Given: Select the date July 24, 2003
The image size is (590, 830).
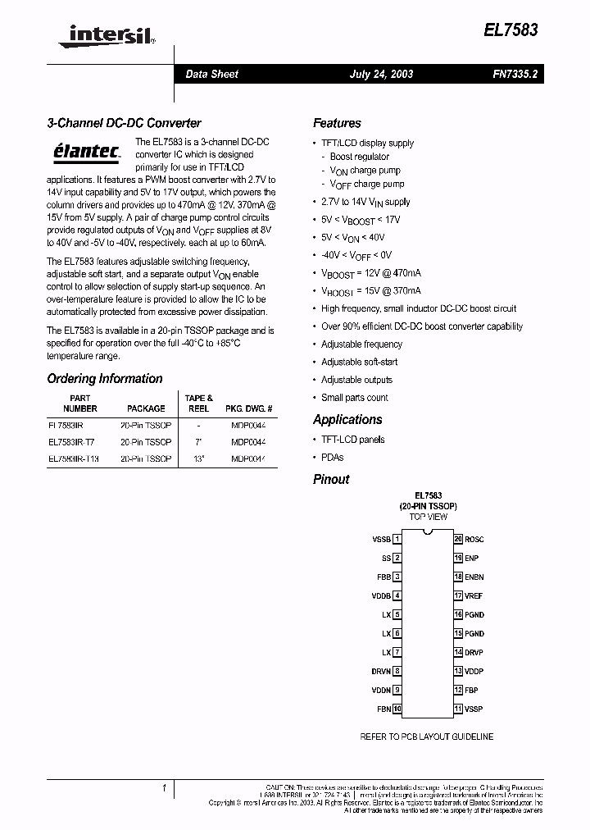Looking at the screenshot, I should [381, 74].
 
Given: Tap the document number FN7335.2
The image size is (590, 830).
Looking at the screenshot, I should [515, 74].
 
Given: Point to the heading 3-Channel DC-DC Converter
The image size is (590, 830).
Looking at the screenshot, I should [124, 123].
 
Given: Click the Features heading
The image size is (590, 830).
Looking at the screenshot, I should [337, 123].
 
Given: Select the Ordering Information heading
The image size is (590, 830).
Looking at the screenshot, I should [105, 379].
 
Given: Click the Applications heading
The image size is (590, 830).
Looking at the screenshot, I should [347, 419].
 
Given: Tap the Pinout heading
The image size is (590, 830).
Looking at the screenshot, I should [331, 479].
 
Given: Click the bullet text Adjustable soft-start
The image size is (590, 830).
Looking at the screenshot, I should [359, 362].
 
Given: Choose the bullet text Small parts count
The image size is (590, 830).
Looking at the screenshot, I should [354, 398].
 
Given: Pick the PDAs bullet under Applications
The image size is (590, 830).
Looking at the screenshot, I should [332, 458].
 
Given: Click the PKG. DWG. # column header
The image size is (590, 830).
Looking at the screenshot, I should [248, 408].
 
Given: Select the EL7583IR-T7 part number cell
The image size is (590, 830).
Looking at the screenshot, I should [72, 442].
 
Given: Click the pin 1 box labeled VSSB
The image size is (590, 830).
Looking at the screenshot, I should [397, 539].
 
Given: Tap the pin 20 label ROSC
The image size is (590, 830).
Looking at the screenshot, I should [474, 539].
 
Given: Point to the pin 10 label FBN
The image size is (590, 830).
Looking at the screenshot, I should [383, 709].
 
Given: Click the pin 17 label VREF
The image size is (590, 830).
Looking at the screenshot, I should [474, 595].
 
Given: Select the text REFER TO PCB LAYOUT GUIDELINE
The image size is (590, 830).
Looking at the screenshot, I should [426, 737].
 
